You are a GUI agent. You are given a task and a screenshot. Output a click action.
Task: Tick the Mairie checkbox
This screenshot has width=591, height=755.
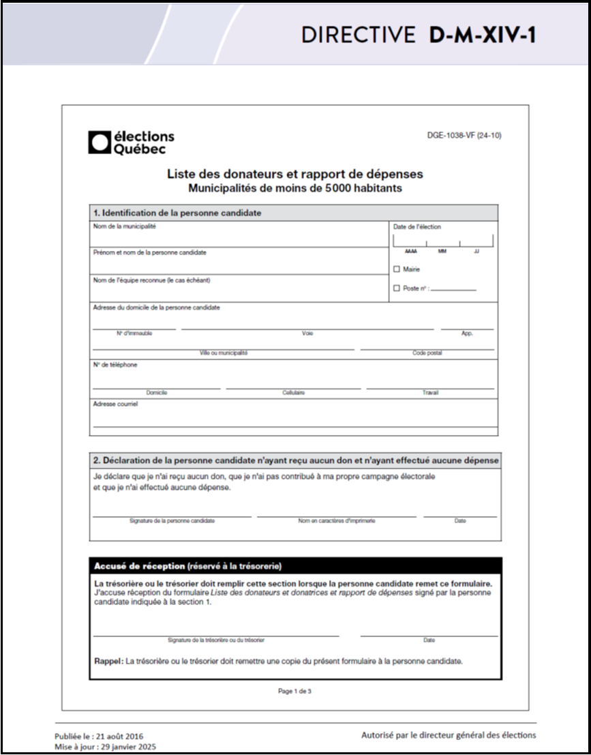pos(397,269)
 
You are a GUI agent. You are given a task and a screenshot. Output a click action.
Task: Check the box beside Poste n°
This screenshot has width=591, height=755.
pos(397,288)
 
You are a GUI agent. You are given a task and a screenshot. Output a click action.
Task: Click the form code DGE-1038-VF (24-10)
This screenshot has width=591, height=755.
pos(464,136)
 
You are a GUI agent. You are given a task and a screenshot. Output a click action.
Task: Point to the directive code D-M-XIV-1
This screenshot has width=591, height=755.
pos(483,35)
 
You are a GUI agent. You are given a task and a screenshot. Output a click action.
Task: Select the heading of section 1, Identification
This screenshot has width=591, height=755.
pos(177,213)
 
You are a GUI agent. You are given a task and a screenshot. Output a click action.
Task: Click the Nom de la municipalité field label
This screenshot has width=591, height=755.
pos(125,226)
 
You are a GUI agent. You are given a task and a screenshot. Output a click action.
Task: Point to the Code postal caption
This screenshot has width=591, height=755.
pos(427,353)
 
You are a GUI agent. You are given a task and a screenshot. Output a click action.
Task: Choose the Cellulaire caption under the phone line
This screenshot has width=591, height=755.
pos(293,393)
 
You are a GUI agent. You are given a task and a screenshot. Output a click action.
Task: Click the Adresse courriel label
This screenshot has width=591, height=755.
pos(115,404)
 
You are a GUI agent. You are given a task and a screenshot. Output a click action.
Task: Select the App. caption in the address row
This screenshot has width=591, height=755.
pos(467,334)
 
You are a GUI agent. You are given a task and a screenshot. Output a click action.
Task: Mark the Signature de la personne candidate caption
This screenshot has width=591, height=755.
pos(172,521)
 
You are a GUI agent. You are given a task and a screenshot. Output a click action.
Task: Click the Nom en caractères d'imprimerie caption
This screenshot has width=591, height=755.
pos(336,521)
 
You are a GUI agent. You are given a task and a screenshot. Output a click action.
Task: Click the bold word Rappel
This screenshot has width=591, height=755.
pos(108,662)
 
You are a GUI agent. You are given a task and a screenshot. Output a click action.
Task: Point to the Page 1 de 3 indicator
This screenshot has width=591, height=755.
pos(294,691)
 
